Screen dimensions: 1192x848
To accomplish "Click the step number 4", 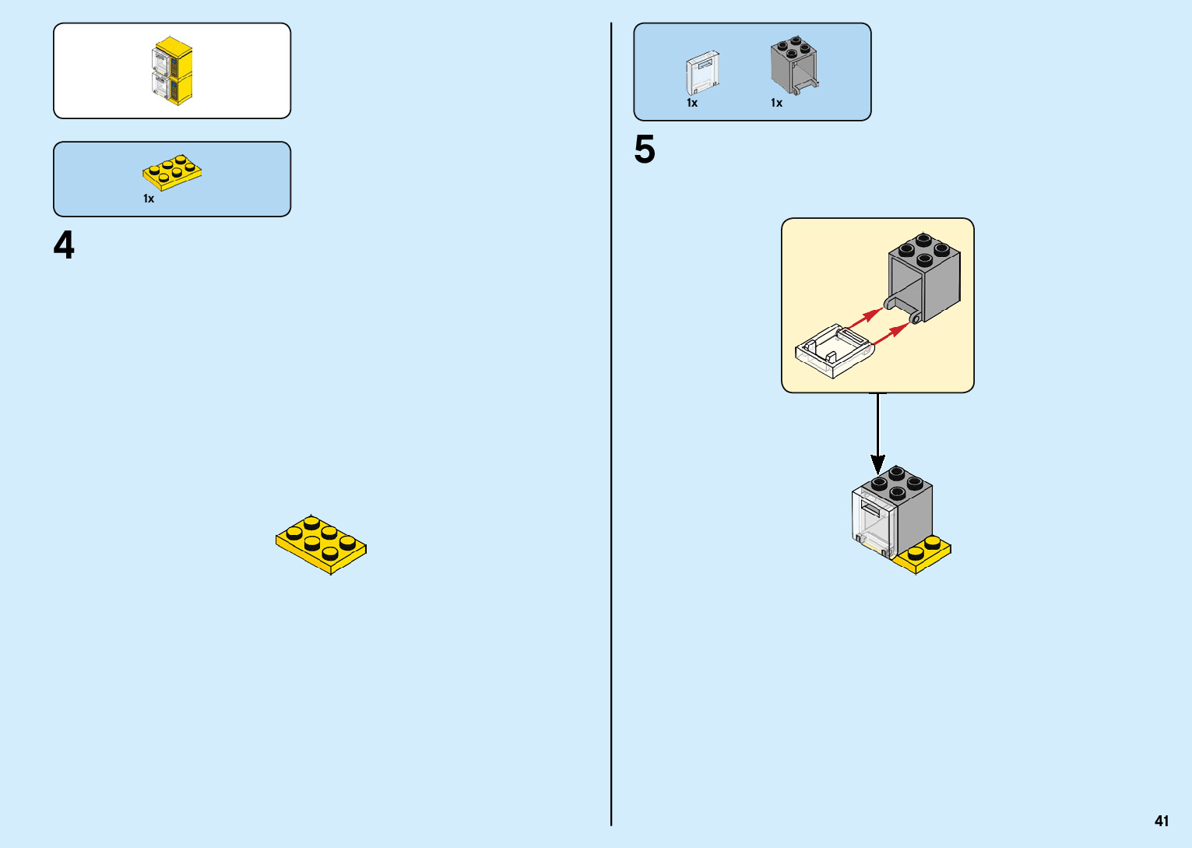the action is point(64,245).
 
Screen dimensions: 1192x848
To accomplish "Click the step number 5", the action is point(645,150).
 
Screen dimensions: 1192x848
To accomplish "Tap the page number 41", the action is point(1162,821).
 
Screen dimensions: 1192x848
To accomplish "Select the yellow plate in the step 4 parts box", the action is point(172,172).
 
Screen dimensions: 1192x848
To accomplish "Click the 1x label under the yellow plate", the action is point(149,199).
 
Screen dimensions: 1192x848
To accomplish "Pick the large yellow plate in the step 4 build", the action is point(321,544).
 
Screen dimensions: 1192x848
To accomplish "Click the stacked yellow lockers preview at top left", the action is point(172,71).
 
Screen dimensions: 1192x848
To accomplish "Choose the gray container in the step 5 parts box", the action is point(793,65).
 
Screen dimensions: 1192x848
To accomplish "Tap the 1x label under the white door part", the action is point(692,103).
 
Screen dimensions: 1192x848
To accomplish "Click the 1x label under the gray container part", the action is point(776,103).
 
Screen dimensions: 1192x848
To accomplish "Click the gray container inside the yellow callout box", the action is point(925,276).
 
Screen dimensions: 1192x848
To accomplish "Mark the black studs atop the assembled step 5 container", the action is point(896,482).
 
